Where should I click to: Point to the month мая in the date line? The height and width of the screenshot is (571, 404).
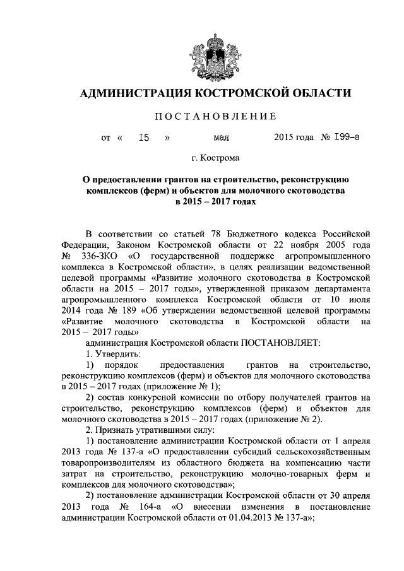(221, 136)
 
